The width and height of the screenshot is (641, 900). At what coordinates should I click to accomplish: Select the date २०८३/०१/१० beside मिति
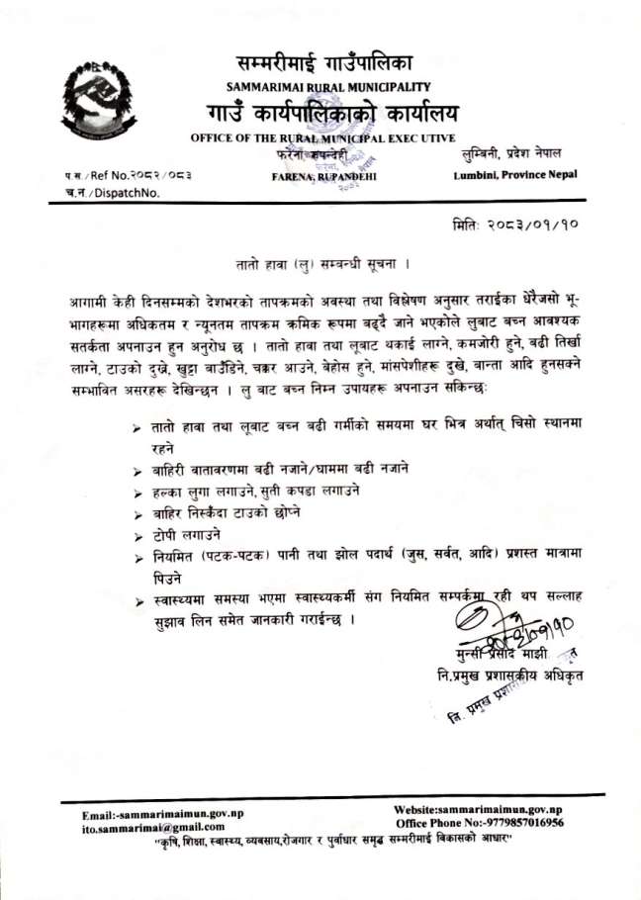(528, 225)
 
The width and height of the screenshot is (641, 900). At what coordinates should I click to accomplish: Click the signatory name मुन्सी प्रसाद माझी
(488, 656)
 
